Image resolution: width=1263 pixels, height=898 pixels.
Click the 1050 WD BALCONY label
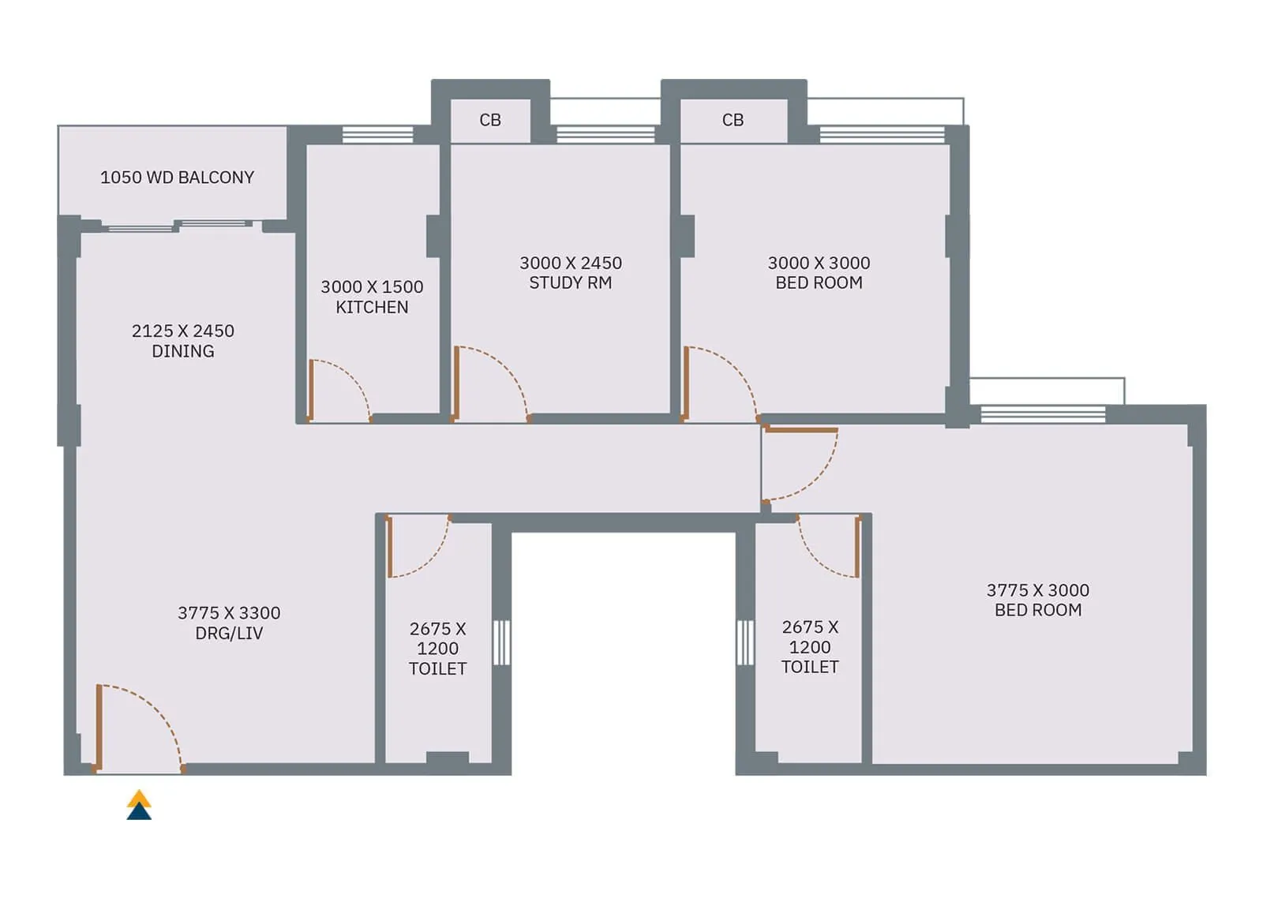point(177,178)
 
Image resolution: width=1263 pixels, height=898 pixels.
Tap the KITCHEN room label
point(372,307)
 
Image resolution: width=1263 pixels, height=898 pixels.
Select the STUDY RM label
point(570,282)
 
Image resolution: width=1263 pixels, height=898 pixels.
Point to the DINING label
point(182,351)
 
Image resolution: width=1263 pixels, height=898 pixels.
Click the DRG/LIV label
point(229,633)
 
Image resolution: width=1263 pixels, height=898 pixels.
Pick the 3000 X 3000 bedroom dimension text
point(819,263)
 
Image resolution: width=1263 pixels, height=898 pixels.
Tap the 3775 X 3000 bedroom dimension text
point(1037,590)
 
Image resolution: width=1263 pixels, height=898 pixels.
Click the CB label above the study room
point(490,120)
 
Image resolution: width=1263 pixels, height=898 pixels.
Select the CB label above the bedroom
point(733,120)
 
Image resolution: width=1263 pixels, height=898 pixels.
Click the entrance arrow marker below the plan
point(139,805)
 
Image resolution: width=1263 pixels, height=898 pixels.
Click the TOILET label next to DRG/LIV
point(437,668)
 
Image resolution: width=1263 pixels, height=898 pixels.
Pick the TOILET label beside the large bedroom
point(810,667)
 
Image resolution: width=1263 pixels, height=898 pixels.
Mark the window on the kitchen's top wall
point(377,134)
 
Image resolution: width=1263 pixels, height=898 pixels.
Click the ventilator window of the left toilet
point(501,642)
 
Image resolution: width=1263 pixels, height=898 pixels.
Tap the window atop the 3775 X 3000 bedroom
point(1042,413)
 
